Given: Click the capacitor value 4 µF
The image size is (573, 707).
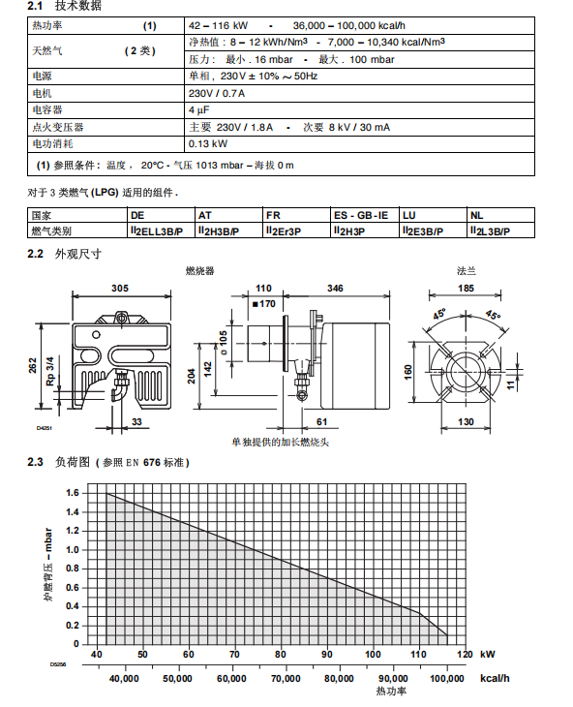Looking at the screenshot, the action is [x=199, y=110].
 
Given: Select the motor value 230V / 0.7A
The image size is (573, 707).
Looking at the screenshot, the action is [x=217, y=93].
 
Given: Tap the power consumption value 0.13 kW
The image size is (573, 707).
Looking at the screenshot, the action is [x=208, y=144].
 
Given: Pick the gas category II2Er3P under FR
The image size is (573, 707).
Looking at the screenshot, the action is [x=284, y=231].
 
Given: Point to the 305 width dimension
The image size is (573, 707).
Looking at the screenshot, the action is [x=120, y=288].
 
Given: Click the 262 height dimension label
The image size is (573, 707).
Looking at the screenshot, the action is [x=33, y=366].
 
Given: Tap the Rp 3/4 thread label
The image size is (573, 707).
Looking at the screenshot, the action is [x=50, y=371].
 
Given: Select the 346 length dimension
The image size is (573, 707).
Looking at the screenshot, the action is [x=335, y=288].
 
